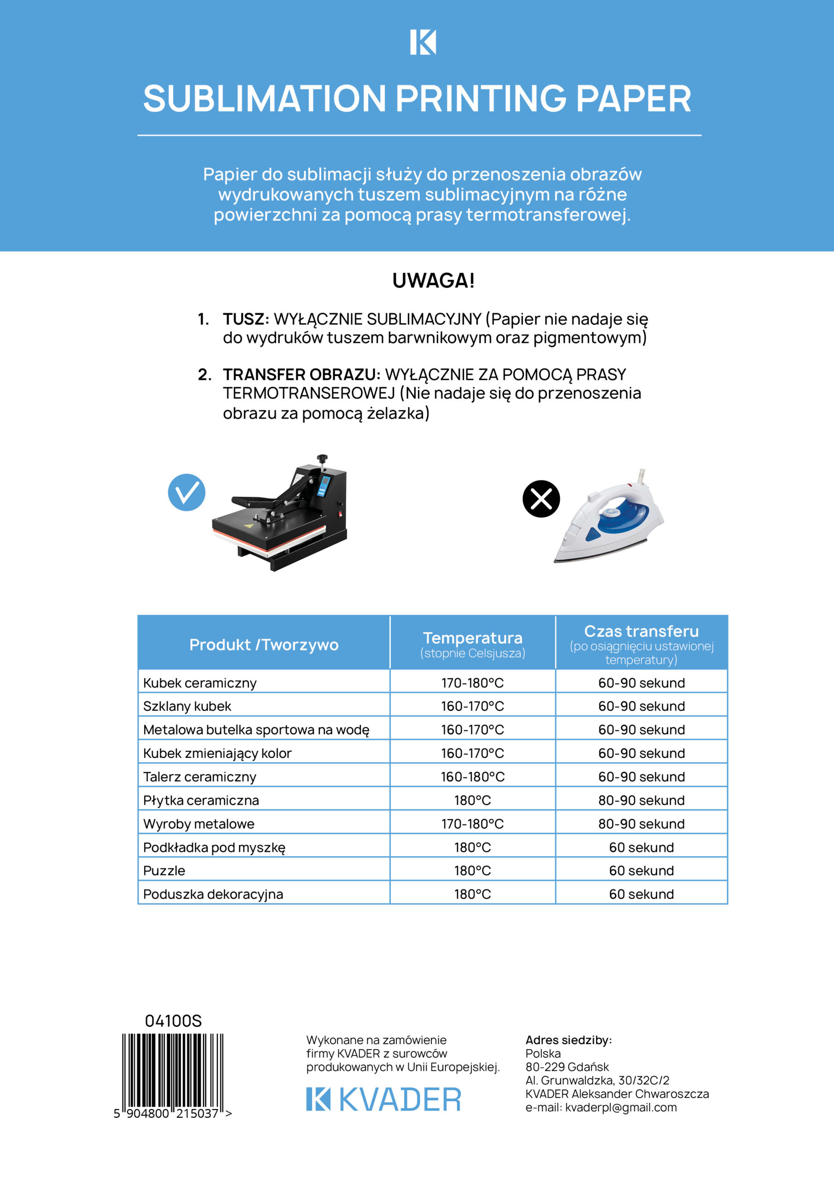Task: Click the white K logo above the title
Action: point(423,42)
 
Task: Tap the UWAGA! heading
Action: point(433,281)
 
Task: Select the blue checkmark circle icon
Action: point(187,492)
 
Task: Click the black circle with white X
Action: point(540,499)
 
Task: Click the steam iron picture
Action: point(610,518)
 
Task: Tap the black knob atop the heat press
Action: point(322,457)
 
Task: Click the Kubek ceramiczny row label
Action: point(200,683)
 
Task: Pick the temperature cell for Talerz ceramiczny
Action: point(472,777)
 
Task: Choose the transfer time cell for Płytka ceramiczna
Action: point(641,800)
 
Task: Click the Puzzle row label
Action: point(164,871)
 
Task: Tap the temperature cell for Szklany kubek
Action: point(472,706)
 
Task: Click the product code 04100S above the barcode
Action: point(173,1021)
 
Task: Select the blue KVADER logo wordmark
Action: point(383,1099)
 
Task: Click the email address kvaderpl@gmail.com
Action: point(621,1108)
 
